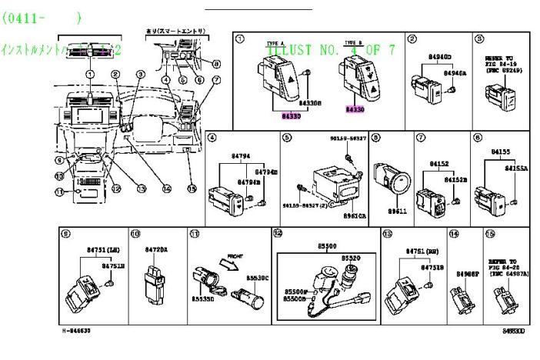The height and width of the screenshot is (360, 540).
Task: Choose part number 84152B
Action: tap(456, 178)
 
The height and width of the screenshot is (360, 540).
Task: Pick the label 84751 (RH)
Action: tap(420, 251)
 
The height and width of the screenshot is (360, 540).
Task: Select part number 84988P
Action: tap(467, 273)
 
